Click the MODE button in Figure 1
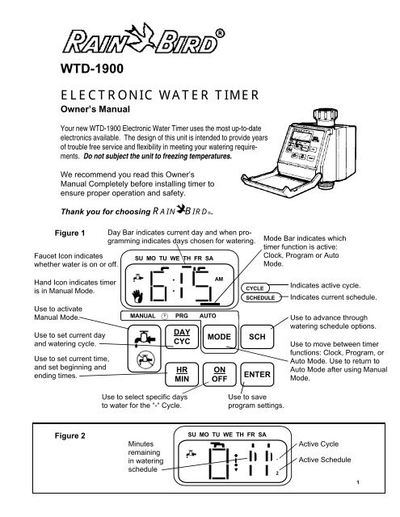coord(219,337)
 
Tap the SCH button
coord(257,337)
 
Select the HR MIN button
coord(182,375)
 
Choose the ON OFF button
coord(219,375)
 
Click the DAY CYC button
coord(182,337)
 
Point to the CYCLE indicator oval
coord(255,288)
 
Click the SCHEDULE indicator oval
coord(260,298)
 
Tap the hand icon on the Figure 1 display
coord(137,296)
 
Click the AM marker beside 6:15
coord(219,280)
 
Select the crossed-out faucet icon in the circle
coord(145,359)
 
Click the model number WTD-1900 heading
coord(92,69)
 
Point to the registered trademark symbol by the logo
coord(220,34)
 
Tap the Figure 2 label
coord(70,436)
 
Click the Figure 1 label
coord(70,233)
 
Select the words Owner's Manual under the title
coord(95,109)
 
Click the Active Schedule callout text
coord(325,460)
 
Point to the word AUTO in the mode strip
coord(208,316)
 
